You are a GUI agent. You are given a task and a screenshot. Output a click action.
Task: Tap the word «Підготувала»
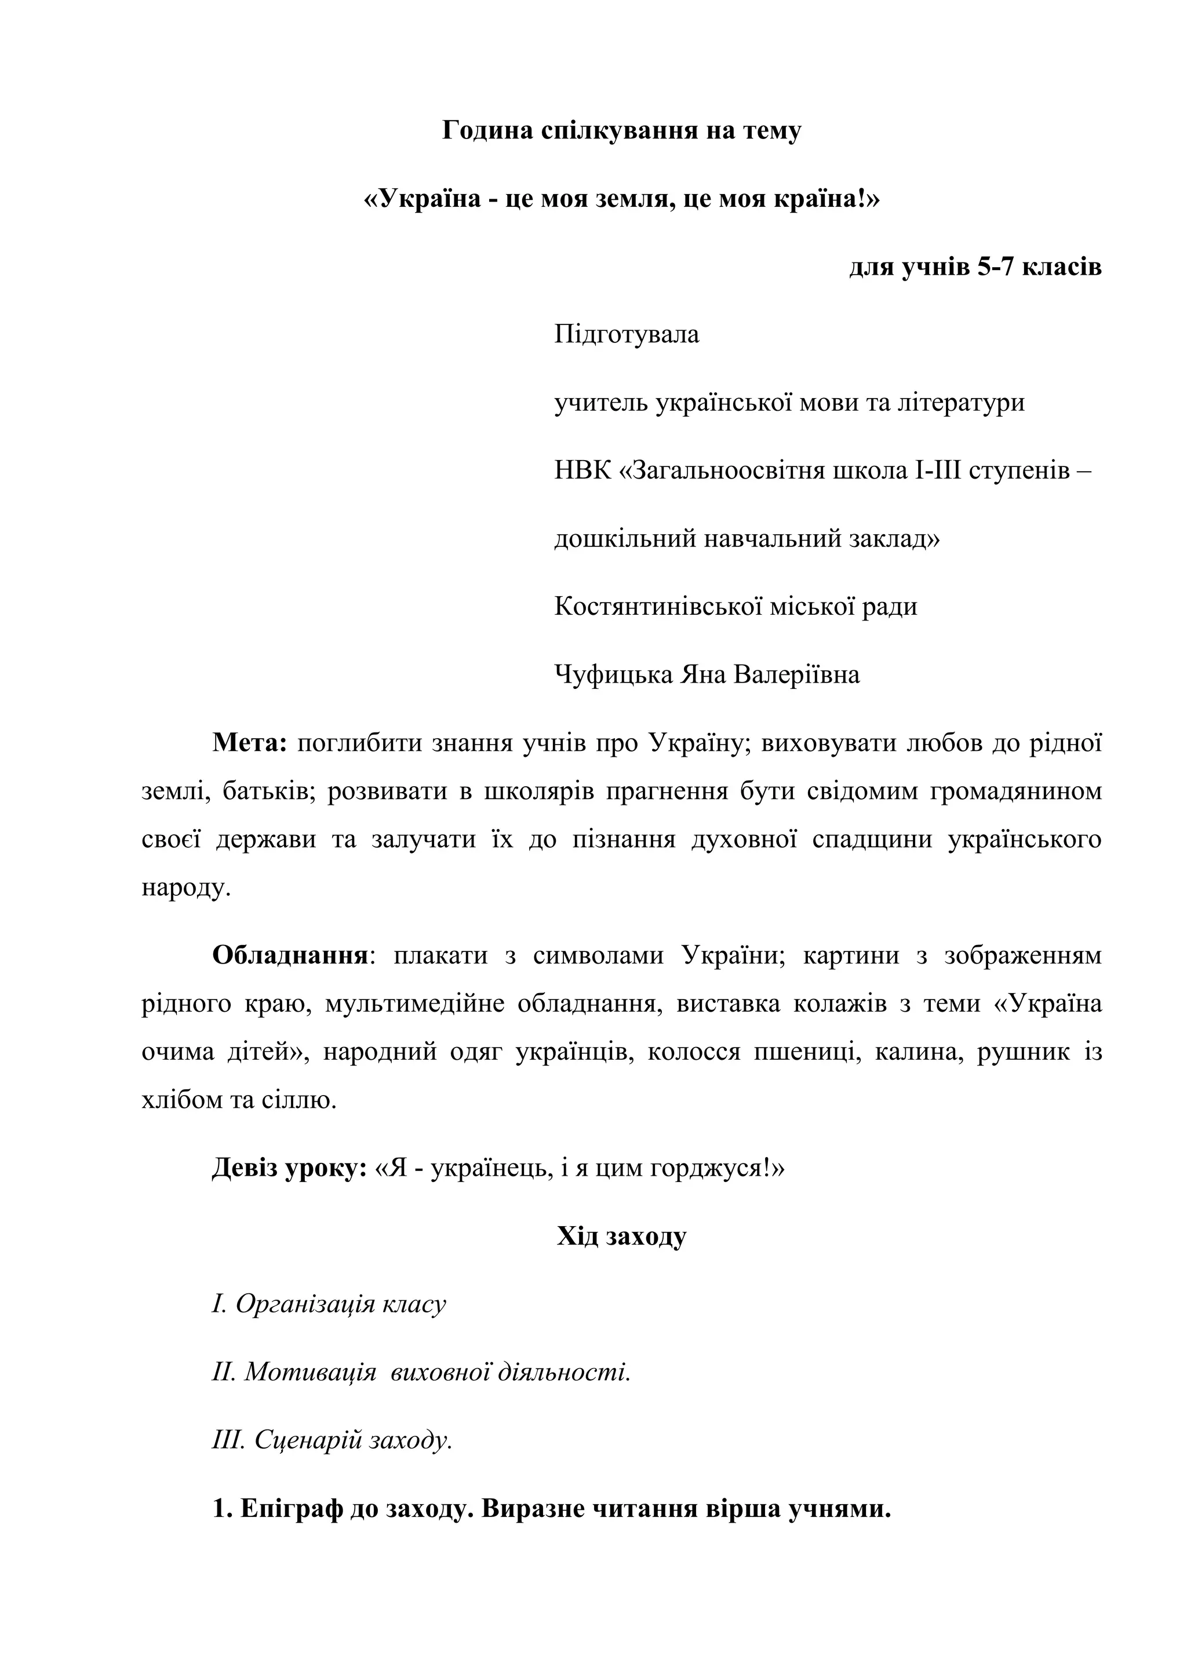tap(627, 335)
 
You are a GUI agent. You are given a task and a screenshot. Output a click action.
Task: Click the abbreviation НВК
tap(582, 470)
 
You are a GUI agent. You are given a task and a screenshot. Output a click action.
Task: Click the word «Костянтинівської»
tap(649, 606)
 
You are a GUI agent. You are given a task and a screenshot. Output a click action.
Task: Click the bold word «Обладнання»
tap(289, 956)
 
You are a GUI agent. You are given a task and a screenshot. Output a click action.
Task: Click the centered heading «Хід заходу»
tap(621, 1236)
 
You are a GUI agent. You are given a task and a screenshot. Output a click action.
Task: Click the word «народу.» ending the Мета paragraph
tap(187, 888)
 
